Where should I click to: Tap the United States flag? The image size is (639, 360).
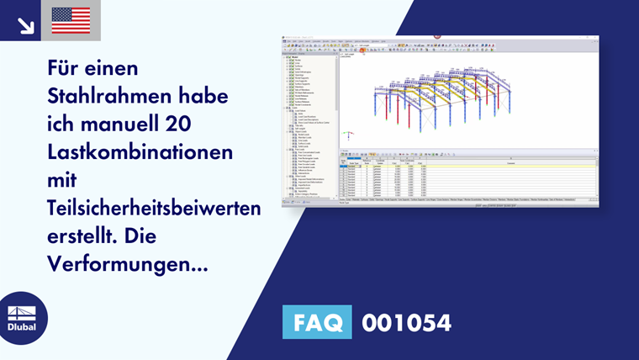[71, 20]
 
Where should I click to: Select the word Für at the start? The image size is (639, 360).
[63, 67]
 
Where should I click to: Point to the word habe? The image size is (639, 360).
[207, 96]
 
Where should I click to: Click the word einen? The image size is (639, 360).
[114, 67]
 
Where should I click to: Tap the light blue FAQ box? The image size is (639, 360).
[317, 322]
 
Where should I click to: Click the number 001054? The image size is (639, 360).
[406, 322]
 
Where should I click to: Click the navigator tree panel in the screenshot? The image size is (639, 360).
[308, 126]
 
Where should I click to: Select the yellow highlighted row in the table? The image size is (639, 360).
[467, 167]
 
